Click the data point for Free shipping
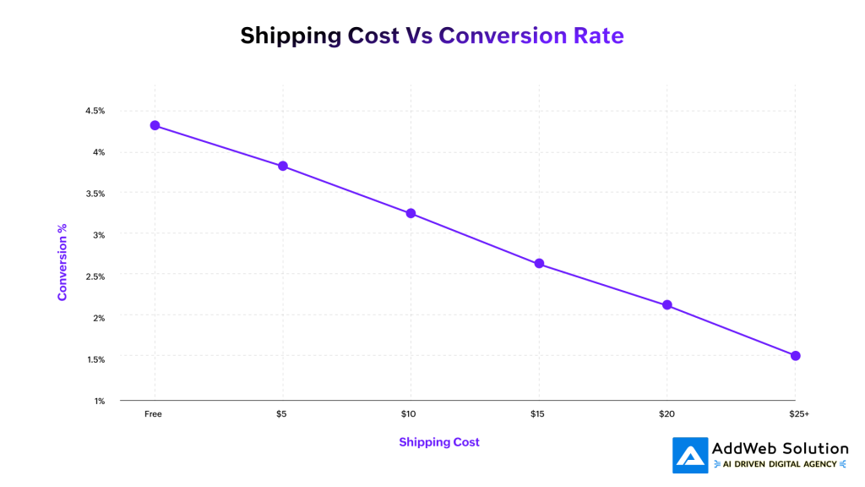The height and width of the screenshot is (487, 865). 155,125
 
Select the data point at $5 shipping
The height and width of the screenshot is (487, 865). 283,166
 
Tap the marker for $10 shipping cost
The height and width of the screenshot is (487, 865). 411,213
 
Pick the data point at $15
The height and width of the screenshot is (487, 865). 539,264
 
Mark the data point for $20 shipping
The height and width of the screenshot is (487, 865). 667,305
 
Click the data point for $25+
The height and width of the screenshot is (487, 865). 795,356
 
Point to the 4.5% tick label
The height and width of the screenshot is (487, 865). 95,111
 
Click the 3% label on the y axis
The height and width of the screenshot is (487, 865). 99,235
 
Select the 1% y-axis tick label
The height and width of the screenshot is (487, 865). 99,401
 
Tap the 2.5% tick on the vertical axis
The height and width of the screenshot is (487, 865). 95,276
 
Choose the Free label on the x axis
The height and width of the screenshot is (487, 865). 153,414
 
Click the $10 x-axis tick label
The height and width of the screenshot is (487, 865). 411,414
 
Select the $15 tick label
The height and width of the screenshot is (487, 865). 539,414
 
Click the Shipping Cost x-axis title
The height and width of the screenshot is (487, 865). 438,442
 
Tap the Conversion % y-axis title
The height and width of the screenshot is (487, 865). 62,262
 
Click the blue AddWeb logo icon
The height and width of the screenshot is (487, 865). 690,455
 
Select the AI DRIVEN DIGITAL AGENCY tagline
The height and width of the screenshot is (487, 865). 780,464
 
